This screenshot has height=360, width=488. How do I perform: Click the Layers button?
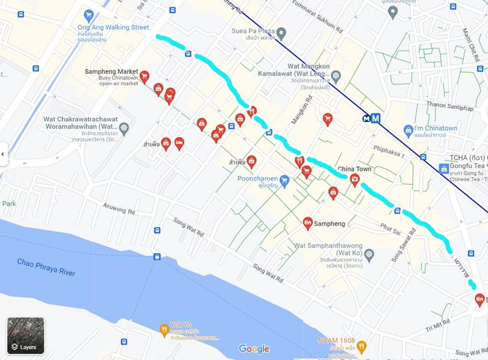[x=26, y=336]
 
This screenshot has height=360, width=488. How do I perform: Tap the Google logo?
[x=254, y=348]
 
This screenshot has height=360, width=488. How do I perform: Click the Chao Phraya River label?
[x=46, y=267]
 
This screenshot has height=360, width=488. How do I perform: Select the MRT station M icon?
[x=375, y=119]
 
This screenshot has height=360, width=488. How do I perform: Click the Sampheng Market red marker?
[x=145, y=76]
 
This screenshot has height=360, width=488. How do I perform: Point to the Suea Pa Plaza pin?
[x=281, y=32]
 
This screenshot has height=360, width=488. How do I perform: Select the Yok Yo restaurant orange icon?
[x=163, y=330]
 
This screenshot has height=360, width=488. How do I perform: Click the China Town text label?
[x=354, y=168]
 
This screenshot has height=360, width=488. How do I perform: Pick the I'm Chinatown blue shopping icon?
[x=409, y=130]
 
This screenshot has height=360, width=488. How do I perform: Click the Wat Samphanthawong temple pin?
[x=370, y=253]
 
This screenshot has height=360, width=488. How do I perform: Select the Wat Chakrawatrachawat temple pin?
[x=124, y=128]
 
